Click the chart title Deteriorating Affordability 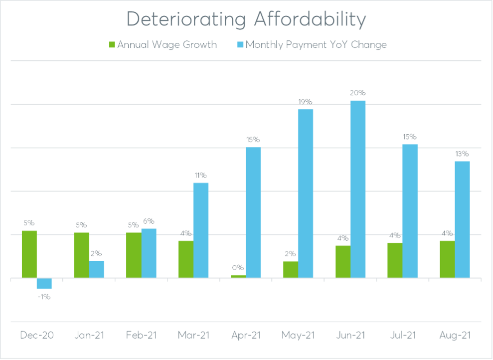click(246, 19)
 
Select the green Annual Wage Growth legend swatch click(112, 45)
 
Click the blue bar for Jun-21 click(357, 189)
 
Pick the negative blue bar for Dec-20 click(44, 283)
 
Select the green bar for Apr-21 click(238, 276)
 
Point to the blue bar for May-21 click(306, 193)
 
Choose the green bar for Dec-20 click(29, 254)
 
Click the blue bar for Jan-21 click(97, 269)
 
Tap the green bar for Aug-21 click(447, 259)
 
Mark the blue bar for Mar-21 click(201, 230)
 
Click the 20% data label click(357, 93)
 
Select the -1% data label click(44, 297)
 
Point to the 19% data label click(306, 101)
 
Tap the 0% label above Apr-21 click(238, 267)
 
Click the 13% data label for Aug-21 click(462, 153)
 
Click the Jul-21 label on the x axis click(403, 336)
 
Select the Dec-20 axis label click(37, 336)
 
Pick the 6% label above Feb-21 click(149, 221)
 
